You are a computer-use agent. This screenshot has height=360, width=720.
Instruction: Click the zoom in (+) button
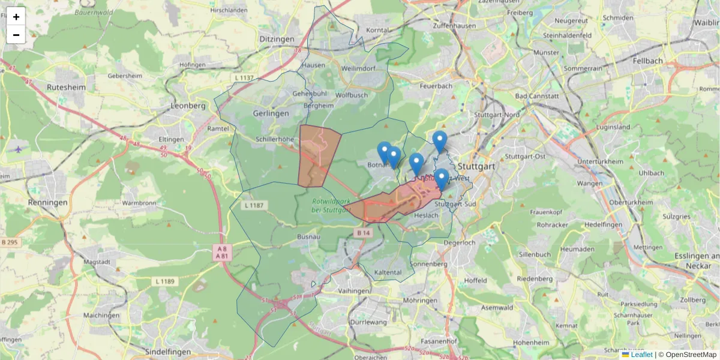(x=16, y=17)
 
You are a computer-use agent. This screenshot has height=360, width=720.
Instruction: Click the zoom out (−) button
(x=16, y=35)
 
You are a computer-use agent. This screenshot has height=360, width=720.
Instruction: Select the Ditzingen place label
(x=277, y=39)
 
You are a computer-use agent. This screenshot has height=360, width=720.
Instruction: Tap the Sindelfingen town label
(x=164, y=352)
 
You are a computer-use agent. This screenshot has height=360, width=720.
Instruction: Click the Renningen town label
(x=48, y=203)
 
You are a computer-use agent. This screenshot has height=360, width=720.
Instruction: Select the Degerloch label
(x=460, y=242)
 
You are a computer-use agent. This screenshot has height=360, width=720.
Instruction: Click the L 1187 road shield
(x=254, y=205)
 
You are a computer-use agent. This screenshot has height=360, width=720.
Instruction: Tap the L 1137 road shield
(x=244, y=78)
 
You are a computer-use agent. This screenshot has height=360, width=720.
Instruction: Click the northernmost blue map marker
(x=440, y=142)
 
